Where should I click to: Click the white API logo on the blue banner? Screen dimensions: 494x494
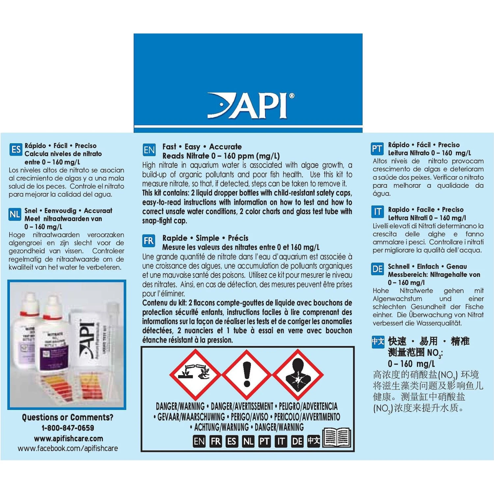(251, 105)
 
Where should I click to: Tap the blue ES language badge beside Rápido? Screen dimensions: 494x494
(16, 150)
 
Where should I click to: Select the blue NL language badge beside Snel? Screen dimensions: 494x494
(15, 215)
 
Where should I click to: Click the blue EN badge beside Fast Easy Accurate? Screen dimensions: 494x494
(149, 150)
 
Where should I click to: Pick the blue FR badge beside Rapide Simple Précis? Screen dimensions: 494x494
(149, 241)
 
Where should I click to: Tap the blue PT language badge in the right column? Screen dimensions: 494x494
(377, 149)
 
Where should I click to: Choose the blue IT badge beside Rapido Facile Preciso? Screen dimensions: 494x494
(377, 212)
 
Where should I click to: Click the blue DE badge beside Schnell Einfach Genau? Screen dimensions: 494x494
(377, 269)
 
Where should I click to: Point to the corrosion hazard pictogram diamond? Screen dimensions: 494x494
(195, 374)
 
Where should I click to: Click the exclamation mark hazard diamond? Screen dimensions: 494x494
(247, 374)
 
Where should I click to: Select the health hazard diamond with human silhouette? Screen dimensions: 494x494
(298, 374)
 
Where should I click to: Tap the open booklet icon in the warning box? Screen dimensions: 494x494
(337, 438)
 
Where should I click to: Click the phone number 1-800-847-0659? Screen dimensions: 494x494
(68, 428)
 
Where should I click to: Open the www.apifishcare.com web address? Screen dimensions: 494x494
(69, 439)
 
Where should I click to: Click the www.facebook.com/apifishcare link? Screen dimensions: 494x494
(68, 449)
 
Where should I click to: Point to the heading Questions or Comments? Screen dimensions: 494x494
(68, 418)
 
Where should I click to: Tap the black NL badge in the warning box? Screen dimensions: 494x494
(248, 441)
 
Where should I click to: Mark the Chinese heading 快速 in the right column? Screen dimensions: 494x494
(397, 341)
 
